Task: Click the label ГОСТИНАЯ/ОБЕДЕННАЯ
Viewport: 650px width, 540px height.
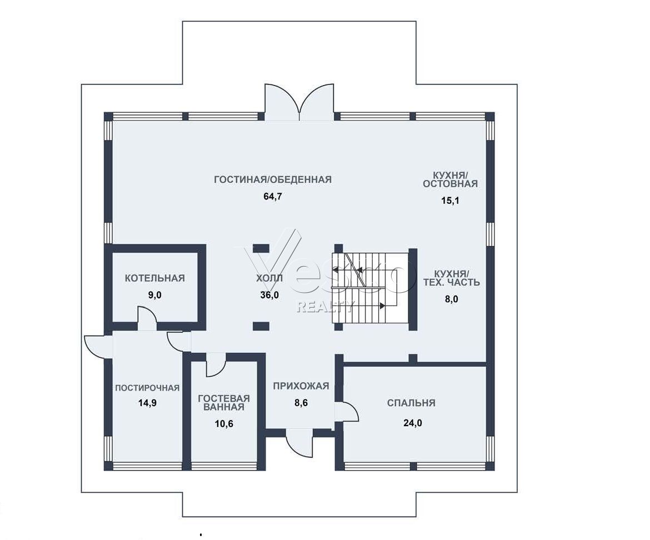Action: (273, 179)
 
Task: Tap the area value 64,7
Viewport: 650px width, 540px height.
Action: (273, 197)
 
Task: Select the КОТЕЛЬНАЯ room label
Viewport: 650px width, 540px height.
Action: (154, 278)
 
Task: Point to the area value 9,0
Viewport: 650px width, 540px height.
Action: (154, 296)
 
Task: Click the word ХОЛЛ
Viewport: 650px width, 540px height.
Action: (269, 278)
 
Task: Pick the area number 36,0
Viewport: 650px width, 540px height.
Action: (269, 295)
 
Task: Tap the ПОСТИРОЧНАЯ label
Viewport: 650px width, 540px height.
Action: (147, 388)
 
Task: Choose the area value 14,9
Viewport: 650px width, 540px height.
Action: (147, 403)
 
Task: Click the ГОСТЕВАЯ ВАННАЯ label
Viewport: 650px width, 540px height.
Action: (224, 402)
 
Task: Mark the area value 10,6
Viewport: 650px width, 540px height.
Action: (224, 424)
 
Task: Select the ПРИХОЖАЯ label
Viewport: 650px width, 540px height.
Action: (301, 386)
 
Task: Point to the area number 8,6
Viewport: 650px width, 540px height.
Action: (301, 403)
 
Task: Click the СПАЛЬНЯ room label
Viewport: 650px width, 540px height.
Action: (411, 403)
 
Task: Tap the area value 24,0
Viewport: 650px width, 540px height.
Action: (412, 423)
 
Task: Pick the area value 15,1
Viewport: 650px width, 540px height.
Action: (450, 201)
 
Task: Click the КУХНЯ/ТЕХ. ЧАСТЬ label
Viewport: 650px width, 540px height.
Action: (452, 278)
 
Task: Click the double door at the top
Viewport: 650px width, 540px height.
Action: (299, 102)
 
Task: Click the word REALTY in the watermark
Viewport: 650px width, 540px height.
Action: (325, 306)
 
